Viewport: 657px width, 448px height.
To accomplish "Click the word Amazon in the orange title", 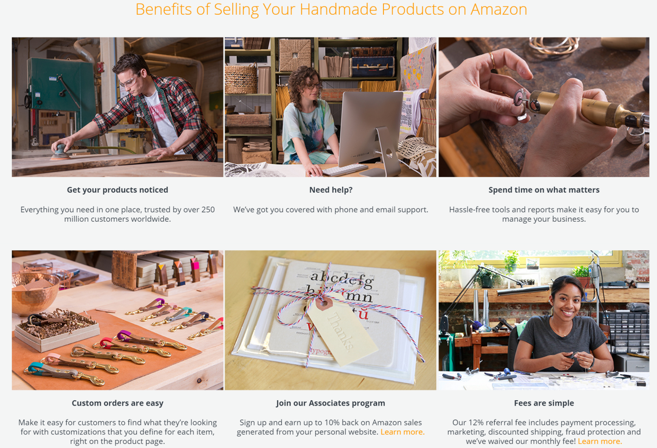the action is pos(499,9).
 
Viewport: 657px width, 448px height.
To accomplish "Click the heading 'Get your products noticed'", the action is pos(117,190).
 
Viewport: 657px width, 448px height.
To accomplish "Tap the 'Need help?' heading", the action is pos(331,190).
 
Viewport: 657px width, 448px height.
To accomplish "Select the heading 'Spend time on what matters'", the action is pos(544,190).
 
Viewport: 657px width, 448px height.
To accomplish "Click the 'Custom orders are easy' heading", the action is pos(117,403).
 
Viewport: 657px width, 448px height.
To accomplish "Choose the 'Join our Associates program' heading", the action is pos(331,403).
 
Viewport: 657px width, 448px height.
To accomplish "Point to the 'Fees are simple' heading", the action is pos(544,403).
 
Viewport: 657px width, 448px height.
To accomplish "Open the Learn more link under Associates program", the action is pos(402,432).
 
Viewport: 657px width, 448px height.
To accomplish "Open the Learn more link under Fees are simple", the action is pos(600,441).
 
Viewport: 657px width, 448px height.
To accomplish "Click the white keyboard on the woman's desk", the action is pos(345,169).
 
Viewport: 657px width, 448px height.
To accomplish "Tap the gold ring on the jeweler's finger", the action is pos(492,60).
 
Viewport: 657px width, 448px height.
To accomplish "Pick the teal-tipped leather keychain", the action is pos(64,373).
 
